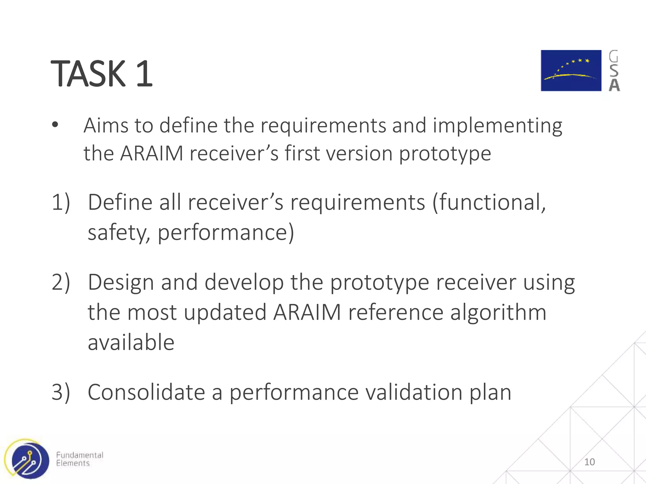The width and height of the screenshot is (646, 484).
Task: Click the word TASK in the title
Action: [x=88, y=74]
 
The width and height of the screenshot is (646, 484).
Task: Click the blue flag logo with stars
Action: [x=571, y=71]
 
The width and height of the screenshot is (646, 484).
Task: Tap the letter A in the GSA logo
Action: [x=614, y=85]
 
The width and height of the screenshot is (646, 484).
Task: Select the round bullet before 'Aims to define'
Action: [x=55, y=125]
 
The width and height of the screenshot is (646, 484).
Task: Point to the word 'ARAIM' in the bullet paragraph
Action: [x=152, y=153]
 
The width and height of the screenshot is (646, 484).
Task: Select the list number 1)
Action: [x=61, y=202]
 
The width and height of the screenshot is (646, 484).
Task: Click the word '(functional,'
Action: [x=489, y=203]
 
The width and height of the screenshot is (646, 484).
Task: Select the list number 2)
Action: [x=61, y=282]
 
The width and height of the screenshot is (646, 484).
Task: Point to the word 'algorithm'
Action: [x=498, y=313]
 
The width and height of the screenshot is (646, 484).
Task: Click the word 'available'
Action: [x=131, y=343]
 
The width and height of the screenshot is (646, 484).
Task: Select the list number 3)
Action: [x=61, y=392]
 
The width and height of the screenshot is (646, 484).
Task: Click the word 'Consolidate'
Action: [x=146, y=392]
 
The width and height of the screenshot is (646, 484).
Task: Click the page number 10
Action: [x=589, y=462]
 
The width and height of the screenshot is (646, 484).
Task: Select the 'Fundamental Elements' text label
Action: [x=79, y=459]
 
